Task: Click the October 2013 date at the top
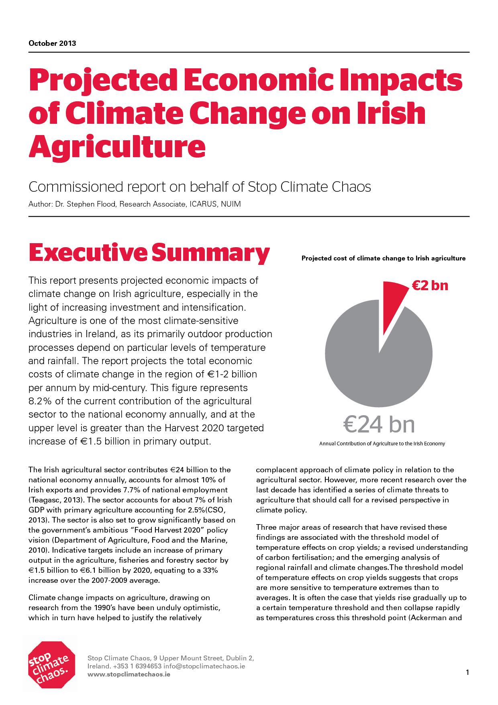tap(52, 43)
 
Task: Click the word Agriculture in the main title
tap(117, 147)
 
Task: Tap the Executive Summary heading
tap(149, 253)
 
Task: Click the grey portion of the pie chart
tap(379, 358)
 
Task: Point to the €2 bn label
tap(430, 285)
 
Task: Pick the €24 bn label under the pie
tap(379, 424)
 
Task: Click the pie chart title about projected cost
tap(384, 258)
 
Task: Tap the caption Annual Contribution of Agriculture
tap(382, 444)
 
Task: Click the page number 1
tap(467, 672)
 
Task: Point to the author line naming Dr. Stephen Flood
tap(135, 204)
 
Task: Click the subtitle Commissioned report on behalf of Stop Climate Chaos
tap(200, 187)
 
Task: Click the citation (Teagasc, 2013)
tap(54, 500)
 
